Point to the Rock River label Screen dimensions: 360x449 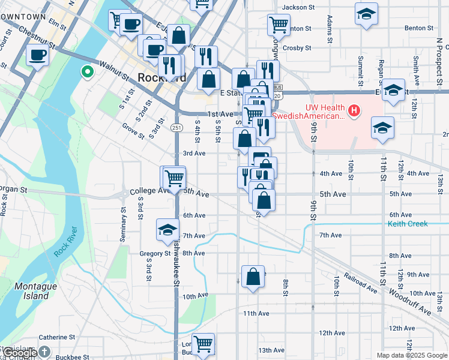pyautogui.click(x=66, y=242)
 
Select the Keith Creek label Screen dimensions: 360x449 pyautogui.click(x=408, y=224)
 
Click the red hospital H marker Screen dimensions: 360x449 pyautogui.click(x=355, y=110)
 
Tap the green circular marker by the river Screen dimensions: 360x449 pyautogui.click(x=88, y=73)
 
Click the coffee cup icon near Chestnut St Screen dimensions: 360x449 pyautogui.click(x=37, y=56)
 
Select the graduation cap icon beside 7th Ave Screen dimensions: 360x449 pyautogui.click(x=168, y=229)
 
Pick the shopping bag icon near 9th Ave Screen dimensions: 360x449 pyautogui.click(x=253, y=277)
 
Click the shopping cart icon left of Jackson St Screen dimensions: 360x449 pyautogui.click(x=279, y=25)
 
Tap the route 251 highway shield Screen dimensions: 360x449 pyautogui.click(x=176, y=128)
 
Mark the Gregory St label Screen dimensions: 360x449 pyautogui.click(x=155, y=254)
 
